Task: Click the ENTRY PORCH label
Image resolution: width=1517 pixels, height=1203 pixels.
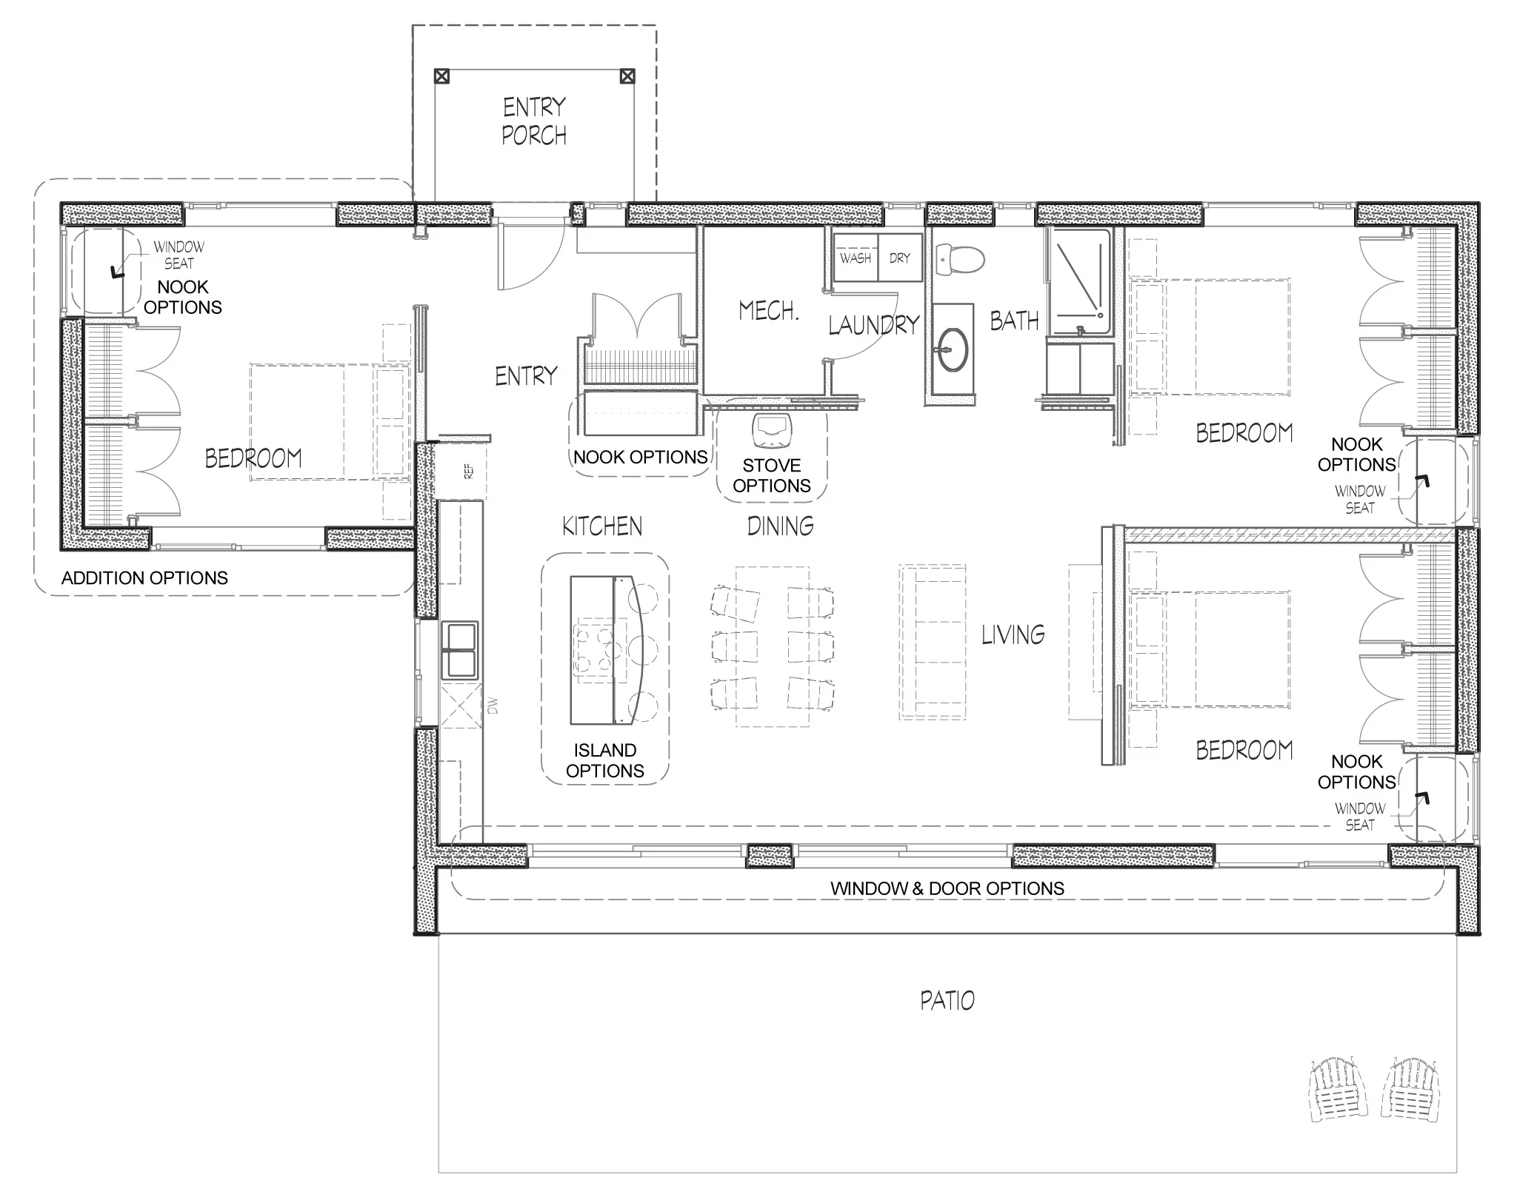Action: click(533, 121)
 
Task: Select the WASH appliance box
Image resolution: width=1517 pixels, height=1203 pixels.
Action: click(856, 258)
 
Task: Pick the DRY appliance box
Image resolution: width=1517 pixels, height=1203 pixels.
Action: click(900, 258)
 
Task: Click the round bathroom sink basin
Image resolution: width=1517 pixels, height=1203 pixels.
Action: click(952, 349)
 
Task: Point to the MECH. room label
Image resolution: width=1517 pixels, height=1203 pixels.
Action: click(769, 311)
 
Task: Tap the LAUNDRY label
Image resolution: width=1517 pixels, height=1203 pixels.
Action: click(873, 324)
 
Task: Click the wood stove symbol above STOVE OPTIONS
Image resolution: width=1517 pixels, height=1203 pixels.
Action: click(772, 430)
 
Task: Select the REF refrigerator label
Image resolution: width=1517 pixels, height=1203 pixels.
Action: click(468, 471)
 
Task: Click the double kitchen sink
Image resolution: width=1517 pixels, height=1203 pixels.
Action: click(460, 650)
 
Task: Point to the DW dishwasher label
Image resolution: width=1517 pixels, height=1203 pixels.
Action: click(493, 706)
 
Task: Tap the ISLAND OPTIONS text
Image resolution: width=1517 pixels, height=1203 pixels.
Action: click(605, 760)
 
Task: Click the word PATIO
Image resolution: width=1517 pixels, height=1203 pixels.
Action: click(947, 1001)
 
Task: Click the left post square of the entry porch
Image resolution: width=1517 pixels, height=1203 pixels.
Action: click(441, 76)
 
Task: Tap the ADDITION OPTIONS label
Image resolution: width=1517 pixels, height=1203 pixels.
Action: click(144, 578)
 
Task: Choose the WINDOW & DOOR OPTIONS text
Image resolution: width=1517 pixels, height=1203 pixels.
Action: click(947, 888)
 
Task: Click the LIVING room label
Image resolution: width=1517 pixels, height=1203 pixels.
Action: click(1013, 634)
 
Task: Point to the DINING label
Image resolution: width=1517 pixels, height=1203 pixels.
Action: click(780, 526)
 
